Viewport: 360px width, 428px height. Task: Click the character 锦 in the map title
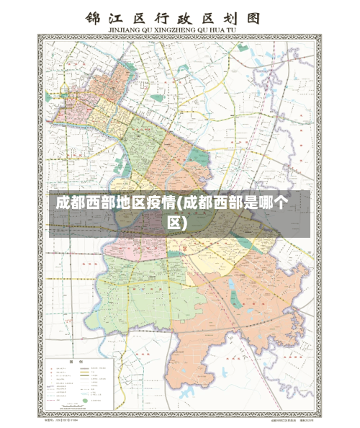(x=93, y=18)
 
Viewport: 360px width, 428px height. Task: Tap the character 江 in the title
(x=120, y=18)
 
